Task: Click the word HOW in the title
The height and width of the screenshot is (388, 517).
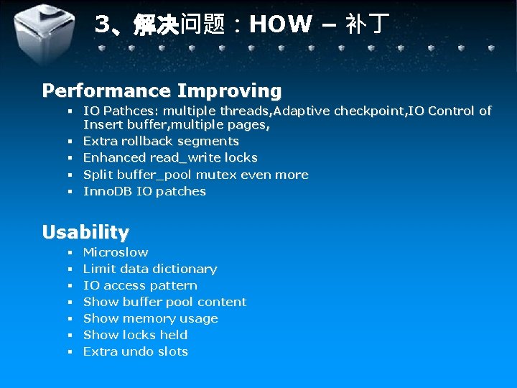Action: pos(281,25)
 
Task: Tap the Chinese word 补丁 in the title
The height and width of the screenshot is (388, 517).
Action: pos(367,25)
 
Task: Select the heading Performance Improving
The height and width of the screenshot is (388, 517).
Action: pos(162,91)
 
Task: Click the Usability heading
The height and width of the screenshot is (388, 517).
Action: pos(85,232)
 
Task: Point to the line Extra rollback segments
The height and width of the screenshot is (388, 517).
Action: pos(161,141)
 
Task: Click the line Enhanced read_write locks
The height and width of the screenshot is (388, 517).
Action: pos(170,157)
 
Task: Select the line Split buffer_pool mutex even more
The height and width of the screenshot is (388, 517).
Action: pos(195,175)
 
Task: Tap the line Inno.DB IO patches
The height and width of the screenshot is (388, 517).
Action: pos(144,191)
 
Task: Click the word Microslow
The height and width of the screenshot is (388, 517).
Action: pos(116,252)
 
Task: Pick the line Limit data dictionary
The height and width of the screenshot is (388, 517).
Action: pos(150,269)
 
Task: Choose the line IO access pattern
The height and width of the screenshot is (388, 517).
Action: pos(140,285)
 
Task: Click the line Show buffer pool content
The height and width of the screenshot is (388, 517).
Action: pos(164,302)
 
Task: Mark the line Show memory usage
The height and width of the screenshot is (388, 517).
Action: pos(150,318)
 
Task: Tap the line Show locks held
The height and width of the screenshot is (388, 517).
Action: pos(135,335)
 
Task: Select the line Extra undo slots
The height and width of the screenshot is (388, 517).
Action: pos(135,351)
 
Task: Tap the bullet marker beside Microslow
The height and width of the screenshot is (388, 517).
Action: pos(70,253)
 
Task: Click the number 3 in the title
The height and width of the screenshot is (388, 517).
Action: pos(102,25)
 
